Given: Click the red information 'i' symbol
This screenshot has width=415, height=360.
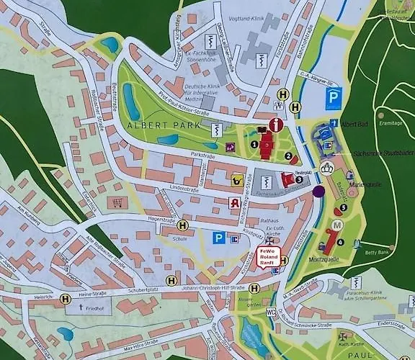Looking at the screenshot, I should click(275, 125).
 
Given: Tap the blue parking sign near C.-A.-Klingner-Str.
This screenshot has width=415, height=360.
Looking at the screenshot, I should click(333, 97).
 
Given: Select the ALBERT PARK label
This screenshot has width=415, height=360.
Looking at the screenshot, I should click(153, 125).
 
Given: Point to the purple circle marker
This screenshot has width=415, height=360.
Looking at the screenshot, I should click(318, 192).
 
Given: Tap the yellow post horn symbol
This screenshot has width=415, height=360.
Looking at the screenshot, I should click(235, 180).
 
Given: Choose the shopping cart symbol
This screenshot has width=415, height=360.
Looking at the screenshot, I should click(115, 203).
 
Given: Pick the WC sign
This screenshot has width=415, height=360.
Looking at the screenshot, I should click(271, 312).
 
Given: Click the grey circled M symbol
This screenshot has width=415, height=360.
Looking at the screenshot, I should click(337, 226).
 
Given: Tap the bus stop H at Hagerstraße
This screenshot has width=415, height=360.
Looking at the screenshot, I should click(183, 225).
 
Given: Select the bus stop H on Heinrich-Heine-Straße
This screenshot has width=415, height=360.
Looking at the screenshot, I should click(66, 298).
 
